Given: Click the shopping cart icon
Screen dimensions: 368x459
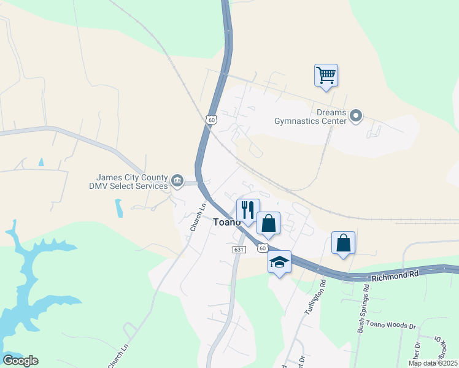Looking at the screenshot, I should [326, 75].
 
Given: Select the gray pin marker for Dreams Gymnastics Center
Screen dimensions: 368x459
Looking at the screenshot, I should [356, 115].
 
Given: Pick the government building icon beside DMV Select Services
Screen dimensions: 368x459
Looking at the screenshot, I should [177, 180].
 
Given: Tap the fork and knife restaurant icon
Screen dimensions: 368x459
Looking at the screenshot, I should [248, 210].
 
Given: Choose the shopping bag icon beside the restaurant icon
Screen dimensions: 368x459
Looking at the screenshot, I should [268, 223].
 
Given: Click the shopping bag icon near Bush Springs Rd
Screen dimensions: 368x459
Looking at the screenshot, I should [343, 242].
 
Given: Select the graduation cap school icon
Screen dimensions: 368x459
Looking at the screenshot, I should [279, 262].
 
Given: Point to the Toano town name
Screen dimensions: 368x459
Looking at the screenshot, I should [226, 223].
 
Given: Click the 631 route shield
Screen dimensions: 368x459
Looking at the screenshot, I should [239, 250].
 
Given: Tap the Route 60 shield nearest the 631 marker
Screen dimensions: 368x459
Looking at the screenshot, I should [263, 248].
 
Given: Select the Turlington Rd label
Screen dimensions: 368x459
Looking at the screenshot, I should [314, 298].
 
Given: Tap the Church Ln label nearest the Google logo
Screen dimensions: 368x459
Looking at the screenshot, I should [118, 356].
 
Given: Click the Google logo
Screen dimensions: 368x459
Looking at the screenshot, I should [20, 361].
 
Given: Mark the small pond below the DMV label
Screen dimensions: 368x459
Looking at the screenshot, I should [118, 208].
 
